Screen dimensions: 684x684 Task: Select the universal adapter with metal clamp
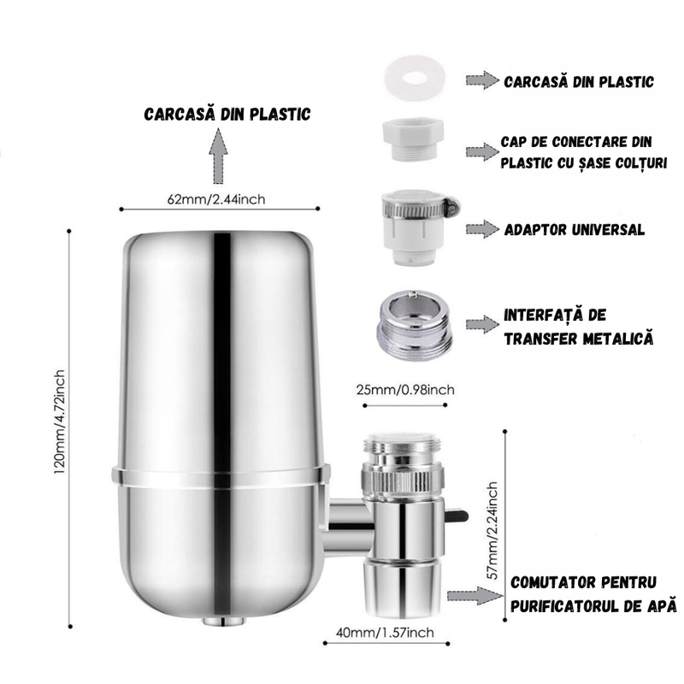(416, 225)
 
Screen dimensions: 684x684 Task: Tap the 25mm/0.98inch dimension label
(405, 391)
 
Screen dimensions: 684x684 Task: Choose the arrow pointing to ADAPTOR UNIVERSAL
(481, 229)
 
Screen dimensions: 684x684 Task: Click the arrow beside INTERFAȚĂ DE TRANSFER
(481, 323)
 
